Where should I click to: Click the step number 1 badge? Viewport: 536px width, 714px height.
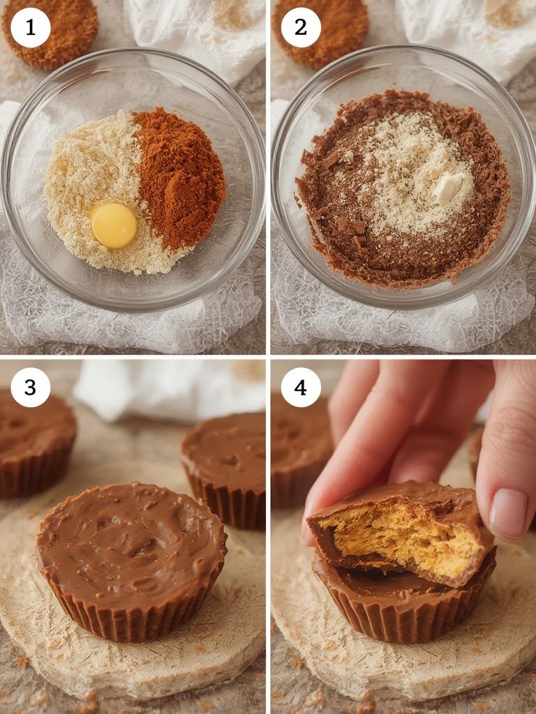pyautogui.click(x=31, y=28)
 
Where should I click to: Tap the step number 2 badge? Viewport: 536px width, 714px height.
pyautogui.click(x=301, y=28)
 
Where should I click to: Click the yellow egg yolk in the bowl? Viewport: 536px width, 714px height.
pyautogui.click(x=113, y=225)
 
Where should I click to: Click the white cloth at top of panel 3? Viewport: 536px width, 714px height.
pyautogui.click(x=167, y=390)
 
